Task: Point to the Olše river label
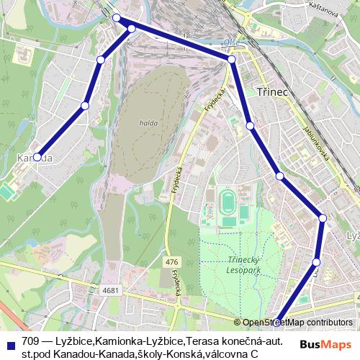coord(231,43)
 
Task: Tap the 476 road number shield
coord(171,262)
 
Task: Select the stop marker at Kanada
coord(37,157)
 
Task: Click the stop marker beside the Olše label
coord(232,60)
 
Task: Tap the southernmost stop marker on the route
coord(276,323)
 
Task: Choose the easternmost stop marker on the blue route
coord(323,217)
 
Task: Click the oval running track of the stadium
coord(228,202)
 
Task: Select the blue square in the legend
coord(11,342)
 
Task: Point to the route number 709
coord(31,341)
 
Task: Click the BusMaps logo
coord(326,345)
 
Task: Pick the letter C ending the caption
coord(254,354)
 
